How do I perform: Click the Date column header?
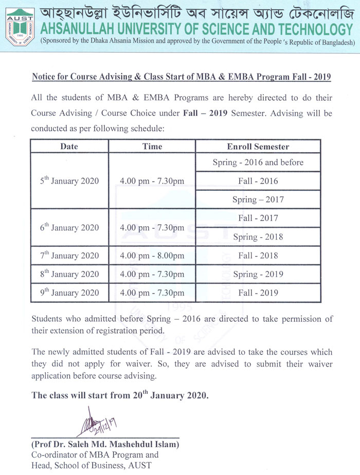[x=69, y=147]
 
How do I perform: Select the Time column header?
[x=152, y=147]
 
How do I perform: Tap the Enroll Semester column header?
[x=258, y=147]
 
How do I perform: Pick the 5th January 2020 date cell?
[x=69, y=181]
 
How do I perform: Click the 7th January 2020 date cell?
[x=69, y=255]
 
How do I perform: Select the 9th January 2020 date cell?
[x=69, y=293]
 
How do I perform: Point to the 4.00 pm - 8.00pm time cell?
[x=152, y=255]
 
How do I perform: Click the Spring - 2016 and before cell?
[x=258, y=162]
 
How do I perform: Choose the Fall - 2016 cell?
[x=258, y=181]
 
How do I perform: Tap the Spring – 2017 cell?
[x=258, y=199]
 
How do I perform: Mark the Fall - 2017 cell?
[x=258, y=218]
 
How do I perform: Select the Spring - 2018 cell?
[x=258, y=237]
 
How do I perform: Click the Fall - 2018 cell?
[x=258, y=255]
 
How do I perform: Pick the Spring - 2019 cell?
[x=258, y=274]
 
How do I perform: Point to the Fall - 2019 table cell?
[x=258, y=293]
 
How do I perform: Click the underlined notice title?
[x=182, y=77]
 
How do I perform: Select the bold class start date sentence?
[x=120, y=395]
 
